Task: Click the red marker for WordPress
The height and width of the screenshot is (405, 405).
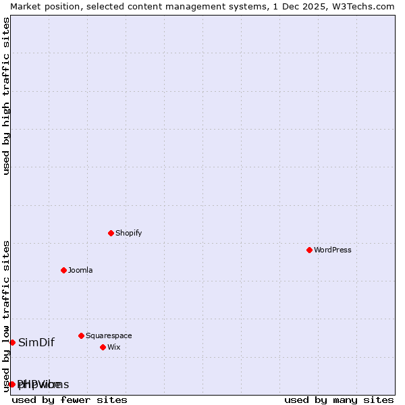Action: pos(309,250)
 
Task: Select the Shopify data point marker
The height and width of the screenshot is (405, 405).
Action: pos(111,233)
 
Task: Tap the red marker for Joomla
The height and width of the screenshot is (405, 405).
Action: pos(63,270)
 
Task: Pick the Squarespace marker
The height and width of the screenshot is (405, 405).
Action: pos(81,335)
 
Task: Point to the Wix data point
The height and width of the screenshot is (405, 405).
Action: pos(103,347)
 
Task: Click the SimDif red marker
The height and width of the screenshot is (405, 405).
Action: pos(12,342)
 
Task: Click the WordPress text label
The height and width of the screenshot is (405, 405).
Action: pos(333,250)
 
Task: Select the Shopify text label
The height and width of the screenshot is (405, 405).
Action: pos(128,233)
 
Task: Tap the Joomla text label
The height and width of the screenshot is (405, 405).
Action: pos(80,270)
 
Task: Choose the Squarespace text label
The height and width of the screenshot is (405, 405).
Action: pos(109,335)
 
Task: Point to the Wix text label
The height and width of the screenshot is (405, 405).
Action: pos(113,347)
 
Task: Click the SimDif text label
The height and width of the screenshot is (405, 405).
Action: pos(36,342)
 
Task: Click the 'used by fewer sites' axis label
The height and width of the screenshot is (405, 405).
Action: pos(70,400)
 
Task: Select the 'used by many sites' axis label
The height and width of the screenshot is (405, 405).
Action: pos(339,400)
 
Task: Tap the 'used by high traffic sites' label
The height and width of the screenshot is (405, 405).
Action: pos(6,96)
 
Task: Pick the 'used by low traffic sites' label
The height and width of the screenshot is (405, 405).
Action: pos(6,316)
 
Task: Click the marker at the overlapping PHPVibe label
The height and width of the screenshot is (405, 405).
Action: pos(12,384)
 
